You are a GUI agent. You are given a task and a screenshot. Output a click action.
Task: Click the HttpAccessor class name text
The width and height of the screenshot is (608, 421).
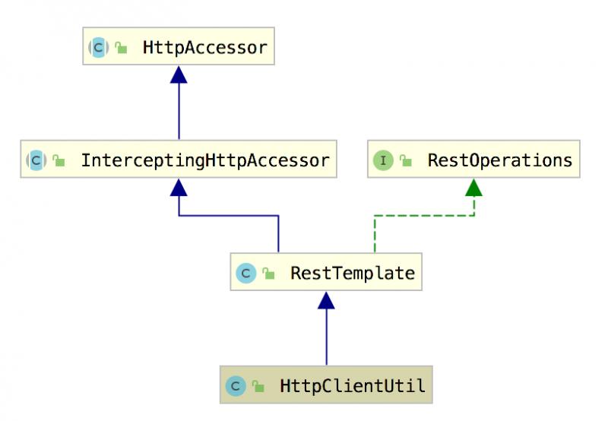(204, 48)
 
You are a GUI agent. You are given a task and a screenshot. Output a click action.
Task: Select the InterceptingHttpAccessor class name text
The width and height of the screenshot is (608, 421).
(205, 160)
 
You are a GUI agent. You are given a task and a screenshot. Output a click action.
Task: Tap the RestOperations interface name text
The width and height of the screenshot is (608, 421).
(499, 160)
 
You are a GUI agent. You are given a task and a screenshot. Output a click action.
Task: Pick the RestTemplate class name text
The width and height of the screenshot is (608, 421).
(352, 273)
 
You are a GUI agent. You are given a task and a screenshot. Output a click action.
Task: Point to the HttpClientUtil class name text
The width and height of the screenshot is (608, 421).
(353, 387)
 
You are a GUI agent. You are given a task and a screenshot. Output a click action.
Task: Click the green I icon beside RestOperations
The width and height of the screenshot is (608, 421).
(383, 160)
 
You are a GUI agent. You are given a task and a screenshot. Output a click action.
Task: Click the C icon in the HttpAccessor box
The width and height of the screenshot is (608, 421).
(98, 48)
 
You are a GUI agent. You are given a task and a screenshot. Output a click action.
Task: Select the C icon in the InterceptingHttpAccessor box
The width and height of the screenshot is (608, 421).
(36, 160)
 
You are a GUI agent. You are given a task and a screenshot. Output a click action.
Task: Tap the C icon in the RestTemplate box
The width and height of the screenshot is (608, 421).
(245, 273)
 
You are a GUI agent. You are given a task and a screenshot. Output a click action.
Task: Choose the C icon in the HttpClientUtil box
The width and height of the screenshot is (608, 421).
(235, 387)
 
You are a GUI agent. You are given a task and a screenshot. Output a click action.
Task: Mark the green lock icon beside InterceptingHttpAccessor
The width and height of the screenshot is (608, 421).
(59, 161)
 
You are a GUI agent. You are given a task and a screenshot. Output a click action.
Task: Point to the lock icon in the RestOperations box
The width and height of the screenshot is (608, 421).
(407, 161)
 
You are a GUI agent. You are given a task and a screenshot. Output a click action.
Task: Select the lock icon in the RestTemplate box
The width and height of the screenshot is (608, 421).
(268, 274)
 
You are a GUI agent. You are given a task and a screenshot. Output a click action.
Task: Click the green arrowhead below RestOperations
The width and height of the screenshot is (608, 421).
(473, 188)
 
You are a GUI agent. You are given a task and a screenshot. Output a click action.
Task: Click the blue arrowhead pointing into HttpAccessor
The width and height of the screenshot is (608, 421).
(179, 74)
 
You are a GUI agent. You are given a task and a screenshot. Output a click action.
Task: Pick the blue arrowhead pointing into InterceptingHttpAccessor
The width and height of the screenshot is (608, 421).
(179, 188)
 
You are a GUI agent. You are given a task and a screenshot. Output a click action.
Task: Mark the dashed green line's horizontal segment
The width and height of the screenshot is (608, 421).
(424, 216)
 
